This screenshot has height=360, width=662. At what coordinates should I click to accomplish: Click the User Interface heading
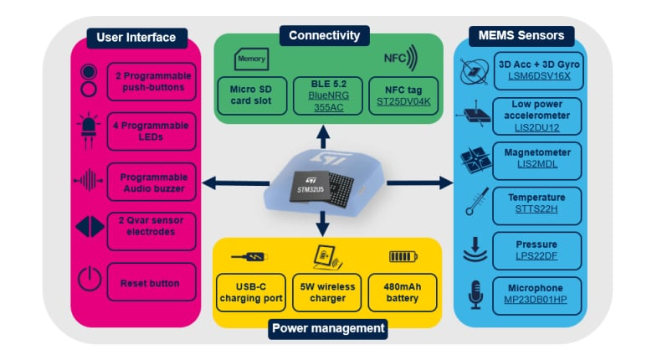tap(136, 38)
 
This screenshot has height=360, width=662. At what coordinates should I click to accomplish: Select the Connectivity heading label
tap(324, 35)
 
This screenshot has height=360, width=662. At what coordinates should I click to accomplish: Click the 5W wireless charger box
tap(326, 292)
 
